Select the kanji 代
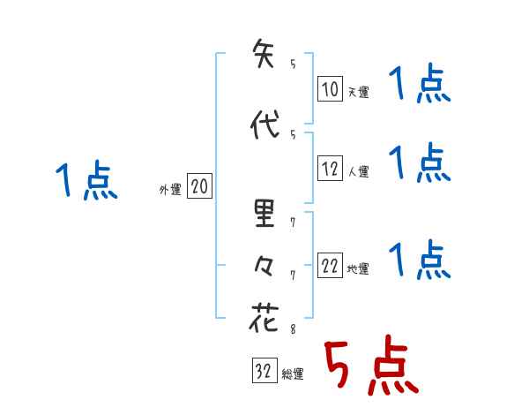(264, 125)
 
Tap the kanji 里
(264, 214)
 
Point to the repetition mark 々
(264, 264)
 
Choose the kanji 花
(264, 317)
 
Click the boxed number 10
(330, 89)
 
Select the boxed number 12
(330, 170)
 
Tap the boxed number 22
(330, 268)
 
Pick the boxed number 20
(199, 187)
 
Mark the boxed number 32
(264, 372)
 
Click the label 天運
(358, 91)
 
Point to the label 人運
(358, 171)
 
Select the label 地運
(358, 269)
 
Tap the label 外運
(170, 189)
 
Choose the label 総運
(293, 373)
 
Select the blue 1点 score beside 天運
(420, 87)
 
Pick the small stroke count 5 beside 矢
(293, 64)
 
